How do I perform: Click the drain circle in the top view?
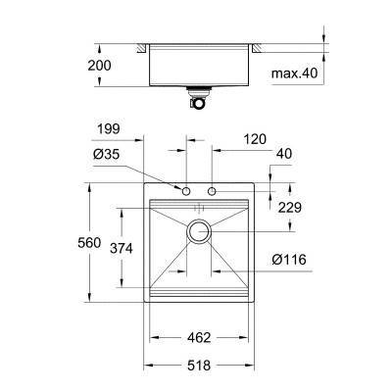(200, 232)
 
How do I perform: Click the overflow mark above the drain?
(199, 208)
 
